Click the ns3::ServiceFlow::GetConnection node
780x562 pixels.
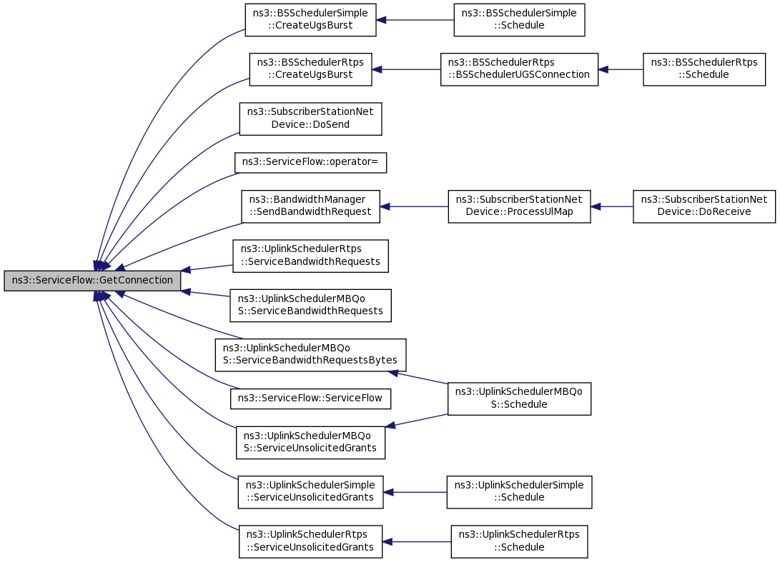click(92, 281)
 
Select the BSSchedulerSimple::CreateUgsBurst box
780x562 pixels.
click(310, 20)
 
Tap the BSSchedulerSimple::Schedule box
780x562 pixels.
click(519, 20)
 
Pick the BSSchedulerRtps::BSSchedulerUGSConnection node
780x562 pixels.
click(519, 69)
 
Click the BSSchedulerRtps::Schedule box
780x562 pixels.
click(704, 69)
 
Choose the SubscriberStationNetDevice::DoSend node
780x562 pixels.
click(310, 119)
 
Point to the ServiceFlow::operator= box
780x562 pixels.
click(310, 163)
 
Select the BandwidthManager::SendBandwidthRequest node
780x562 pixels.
click(310, 206)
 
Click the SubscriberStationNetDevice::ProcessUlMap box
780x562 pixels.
click(519, 206)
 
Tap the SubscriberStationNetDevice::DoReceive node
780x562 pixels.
click(704, 206)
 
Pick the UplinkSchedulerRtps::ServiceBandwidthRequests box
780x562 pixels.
click(310, 256)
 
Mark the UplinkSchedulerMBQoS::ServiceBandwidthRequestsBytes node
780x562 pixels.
click(310, 355)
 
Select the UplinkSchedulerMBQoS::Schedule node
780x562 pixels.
click(519, 398)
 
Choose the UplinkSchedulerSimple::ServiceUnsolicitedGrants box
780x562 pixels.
click(310, 492)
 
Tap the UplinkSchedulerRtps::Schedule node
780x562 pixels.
click(519, 541)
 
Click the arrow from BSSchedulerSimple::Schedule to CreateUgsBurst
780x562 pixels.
click(415, 20)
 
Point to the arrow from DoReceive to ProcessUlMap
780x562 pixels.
click(612, 206)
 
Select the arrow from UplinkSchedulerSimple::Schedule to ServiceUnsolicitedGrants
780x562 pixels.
click(415, 492)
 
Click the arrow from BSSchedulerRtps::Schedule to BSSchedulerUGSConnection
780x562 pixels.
click(621, 69)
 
